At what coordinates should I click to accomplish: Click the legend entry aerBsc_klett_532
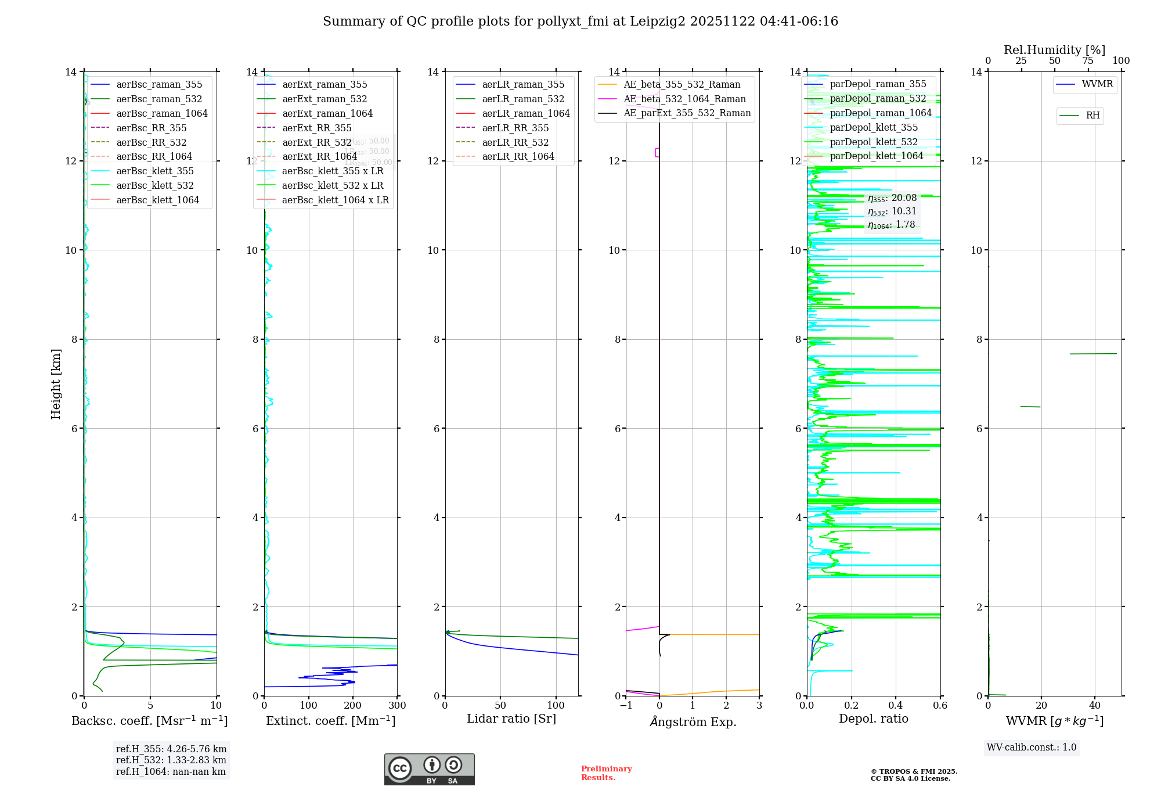[x=154, y=186]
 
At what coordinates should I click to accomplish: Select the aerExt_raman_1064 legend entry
[x=327, y=114]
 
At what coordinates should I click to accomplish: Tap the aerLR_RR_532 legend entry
[x=515, y=142]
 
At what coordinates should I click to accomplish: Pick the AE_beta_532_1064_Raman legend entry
[x=684, y=99]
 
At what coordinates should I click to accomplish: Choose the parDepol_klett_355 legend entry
[x=874, y=128]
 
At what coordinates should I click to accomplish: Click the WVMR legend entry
[x=1097, y=84]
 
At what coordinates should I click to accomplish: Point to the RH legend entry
[x=1093, y=116]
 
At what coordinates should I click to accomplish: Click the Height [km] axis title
[x=56, y=384]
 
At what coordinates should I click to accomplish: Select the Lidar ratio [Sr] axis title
[x=511, y=719]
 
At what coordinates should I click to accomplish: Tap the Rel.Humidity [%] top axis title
[x=1054, y=50]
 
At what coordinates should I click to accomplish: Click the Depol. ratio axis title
[x=873, y=719]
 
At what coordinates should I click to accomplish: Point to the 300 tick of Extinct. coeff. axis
[x=398, y=706]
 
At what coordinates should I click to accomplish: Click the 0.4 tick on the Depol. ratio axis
[x=896, y=706]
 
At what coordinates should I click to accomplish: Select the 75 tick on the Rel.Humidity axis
[x=1088, y=61]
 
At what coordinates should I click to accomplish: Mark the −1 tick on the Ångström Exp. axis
[x=626, y=706]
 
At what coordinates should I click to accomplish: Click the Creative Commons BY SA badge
[x=429, y=770]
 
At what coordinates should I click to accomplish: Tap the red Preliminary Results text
[x=606, y=773]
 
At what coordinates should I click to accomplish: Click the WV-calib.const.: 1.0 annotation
[x=1032, y=748]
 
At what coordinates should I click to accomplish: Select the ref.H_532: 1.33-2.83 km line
[x=171, y=760]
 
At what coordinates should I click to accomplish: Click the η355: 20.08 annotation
[x=892, y=198]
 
